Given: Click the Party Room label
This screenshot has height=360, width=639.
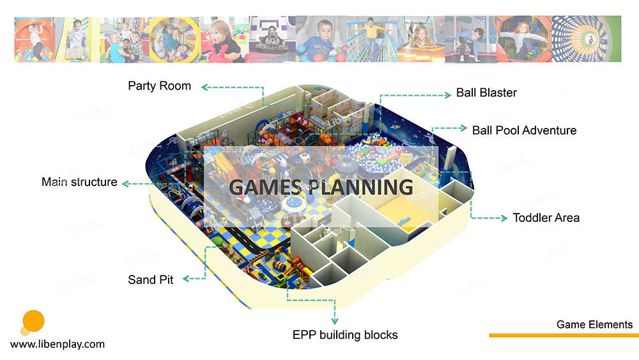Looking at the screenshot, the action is [x=159, y=86].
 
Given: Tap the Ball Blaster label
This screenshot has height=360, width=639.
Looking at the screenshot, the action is [x=486, y=93].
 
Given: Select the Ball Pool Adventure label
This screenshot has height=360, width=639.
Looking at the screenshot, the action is [x=524, y=130].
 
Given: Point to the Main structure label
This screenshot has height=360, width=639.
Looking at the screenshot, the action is [x=79, y=182].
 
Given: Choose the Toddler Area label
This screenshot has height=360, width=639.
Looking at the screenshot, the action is [x=546, y=217].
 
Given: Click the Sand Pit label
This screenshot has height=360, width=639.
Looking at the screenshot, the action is [x=150, y=279].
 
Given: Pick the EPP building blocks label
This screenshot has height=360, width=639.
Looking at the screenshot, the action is [x=345, y=335].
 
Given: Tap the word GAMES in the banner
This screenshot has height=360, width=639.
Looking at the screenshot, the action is [x=265, y=187].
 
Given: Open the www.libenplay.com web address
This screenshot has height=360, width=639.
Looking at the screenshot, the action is [x=58, y=345].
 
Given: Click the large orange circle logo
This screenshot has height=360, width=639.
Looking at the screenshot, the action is [x=33, y=321].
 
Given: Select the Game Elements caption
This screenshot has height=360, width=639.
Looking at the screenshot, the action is [x=594, y=325].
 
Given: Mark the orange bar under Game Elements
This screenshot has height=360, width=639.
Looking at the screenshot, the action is [x=564, y=336].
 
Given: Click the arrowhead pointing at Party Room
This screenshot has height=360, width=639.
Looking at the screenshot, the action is [x=205, y=87].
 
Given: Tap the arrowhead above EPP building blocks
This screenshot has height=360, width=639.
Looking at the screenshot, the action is [x=335, y=321].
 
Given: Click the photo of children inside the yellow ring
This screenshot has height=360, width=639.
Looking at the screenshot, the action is [x=174, y=40].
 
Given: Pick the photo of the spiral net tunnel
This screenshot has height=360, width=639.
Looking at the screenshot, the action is [x=586, y=39].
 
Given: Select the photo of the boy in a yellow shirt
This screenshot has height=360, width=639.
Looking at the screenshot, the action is [x=372, y=39].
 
